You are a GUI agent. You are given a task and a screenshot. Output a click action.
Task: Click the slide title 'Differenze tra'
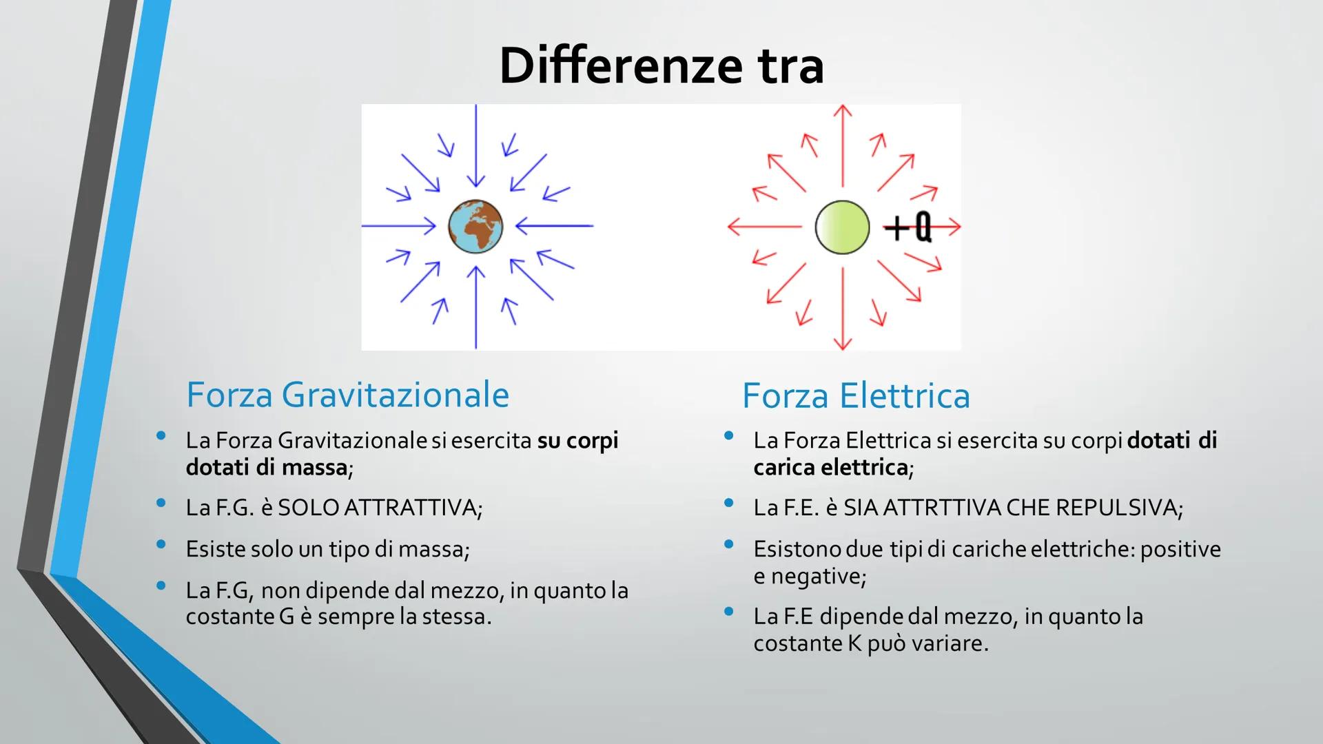pos(661,66)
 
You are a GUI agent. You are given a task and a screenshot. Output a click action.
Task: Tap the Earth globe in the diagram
pos(475,226)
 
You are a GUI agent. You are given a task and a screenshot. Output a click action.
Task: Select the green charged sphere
pos(842,227)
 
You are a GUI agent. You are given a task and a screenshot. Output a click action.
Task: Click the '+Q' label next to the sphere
pos(908,227)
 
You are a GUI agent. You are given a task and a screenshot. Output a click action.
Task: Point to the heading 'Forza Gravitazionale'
pos(347,395)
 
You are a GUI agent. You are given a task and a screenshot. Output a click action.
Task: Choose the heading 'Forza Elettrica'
pos(856,395)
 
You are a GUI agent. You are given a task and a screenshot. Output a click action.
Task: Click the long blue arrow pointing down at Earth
pos(475,145)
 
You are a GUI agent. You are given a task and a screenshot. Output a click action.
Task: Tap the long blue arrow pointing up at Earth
pos(475,307)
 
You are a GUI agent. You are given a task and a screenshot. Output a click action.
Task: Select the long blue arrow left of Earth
pos(399,225)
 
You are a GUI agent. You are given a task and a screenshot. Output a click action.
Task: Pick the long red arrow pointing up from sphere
pos(842,145)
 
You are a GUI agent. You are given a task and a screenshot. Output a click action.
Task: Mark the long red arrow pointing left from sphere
pos(766,226)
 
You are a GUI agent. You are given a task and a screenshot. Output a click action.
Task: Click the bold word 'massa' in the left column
pos(314,468)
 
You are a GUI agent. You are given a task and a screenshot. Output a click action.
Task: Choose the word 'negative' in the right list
pos(815,576)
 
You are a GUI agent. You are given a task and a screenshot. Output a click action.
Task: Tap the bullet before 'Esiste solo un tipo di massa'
pos(161,544)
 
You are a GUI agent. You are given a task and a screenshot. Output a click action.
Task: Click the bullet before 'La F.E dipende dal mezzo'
pos(729,611)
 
